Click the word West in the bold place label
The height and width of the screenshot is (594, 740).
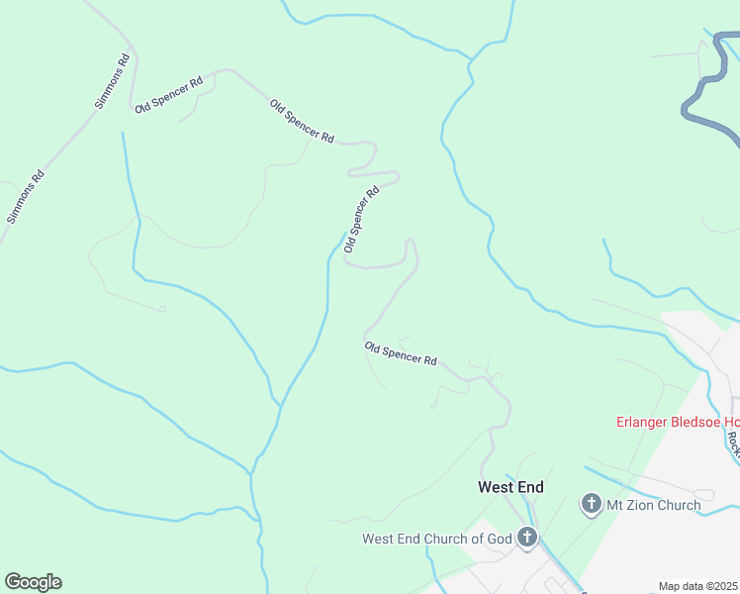(496, 487)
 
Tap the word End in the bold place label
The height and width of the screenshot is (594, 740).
(530, 487)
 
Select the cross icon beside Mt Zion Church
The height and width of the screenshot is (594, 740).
(592, 505)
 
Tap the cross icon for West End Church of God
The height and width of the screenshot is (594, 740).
(527, 539)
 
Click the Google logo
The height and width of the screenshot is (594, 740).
(33, 582)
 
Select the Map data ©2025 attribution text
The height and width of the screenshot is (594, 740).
(698, 586)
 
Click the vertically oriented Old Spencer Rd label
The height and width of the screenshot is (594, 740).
(361, 220)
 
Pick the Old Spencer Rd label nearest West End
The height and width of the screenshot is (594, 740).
(401, 353)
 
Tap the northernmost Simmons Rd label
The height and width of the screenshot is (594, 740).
(112, 81)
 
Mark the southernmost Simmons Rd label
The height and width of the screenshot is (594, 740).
(27, 197)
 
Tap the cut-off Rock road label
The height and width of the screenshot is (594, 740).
(732, 442)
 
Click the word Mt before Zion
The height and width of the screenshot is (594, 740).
(615, 505)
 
